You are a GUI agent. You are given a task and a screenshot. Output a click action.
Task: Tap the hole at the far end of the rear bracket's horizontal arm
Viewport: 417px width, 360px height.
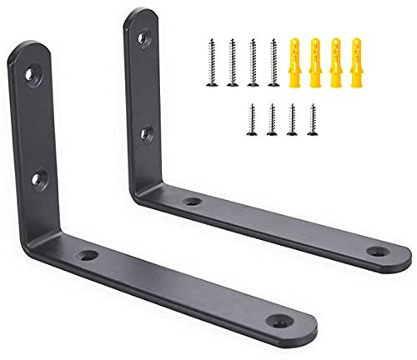click(378, 251)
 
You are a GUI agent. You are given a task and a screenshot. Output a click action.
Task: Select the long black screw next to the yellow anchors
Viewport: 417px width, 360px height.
click(273, 62)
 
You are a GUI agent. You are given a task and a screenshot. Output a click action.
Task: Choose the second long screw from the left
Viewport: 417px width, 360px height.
click(231, 62)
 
